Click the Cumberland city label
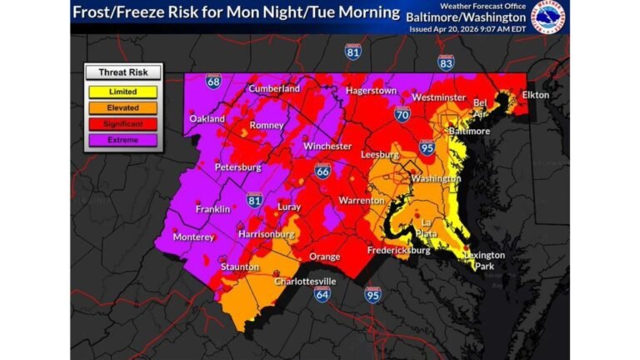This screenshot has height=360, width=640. pyautogui.click(x=273, y=88)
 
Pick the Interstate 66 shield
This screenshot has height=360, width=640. pyautogui.click(x=322, y=171)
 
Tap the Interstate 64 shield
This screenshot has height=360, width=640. pyautogui.click(x=321, y=295)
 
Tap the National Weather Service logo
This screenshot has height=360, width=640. pyautogui.click(x=548, y=16)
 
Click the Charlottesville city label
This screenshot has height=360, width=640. pyautogui.click(x=305, y=281)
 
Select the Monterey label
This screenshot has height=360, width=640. pyautogui.click(x=193, y=237)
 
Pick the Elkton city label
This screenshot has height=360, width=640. pyautogui.click(x=536, y=95)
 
